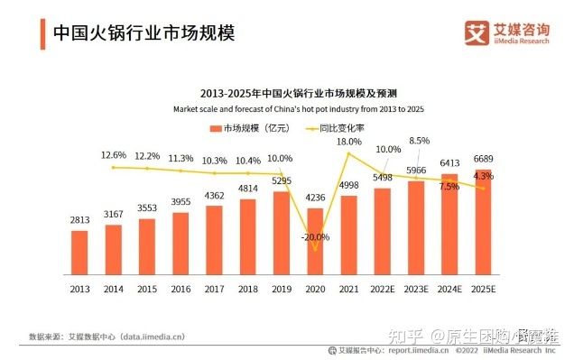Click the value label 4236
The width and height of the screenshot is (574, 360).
[315, 198]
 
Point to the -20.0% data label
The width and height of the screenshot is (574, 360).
[315, 235]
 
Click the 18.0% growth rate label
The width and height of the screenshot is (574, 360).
[348, 142]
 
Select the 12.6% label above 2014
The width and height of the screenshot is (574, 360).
[114, 155]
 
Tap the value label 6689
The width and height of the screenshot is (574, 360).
[483, 158]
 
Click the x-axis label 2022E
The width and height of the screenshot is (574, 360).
[382, 289]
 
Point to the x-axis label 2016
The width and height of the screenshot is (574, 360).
[181, 289]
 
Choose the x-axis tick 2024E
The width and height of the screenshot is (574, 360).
[449, 289]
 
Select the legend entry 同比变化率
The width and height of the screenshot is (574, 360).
[338, 129]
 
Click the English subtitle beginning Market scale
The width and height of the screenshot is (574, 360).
[298, 108]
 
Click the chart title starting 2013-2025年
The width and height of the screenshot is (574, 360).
[298, 93]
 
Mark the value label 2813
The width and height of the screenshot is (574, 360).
[80, 219]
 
